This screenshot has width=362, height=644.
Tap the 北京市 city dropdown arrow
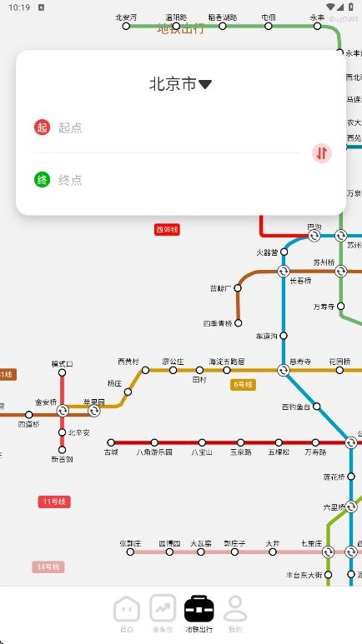(x=205, y=84)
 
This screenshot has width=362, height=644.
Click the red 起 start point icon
(x=42, y=127)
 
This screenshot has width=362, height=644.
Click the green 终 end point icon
(x=42, y=179)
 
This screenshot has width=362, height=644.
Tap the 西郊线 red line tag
(x=167, y=229)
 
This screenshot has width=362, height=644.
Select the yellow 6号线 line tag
(x=243, y=384)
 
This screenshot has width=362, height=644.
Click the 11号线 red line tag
(x=55, y=502)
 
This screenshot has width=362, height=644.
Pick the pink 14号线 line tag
(x=48, y=567)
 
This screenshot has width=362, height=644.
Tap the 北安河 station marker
(x=127, y=26)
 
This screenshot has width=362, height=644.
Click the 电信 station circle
(x=269, y=26)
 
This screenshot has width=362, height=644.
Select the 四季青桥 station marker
(x=238, y=322)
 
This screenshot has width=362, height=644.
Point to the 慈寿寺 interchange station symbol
(x=284, y=370)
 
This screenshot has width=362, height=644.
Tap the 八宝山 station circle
(x=201, y=442)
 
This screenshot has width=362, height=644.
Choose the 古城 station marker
(x=111, y=442)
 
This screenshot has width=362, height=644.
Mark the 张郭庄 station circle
(x=129, y=551)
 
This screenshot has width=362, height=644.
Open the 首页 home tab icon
(x=126, y=608)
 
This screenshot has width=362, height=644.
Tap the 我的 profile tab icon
(x=235, y=608)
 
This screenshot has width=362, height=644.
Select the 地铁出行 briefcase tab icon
(x=199, y=608)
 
